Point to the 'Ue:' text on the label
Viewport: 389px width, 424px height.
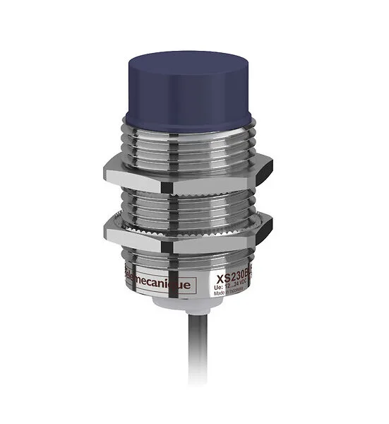220,278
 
